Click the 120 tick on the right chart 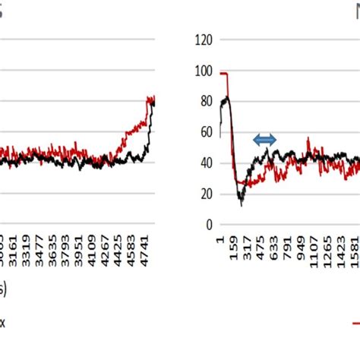(201, 39)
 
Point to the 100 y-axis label (201, 71)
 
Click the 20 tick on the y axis (204, 194)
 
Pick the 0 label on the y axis (207, 225)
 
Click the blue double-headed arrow (265, 139)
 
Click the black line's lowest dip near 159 (242, 204)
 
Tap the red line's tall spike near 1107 (308, 139)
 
